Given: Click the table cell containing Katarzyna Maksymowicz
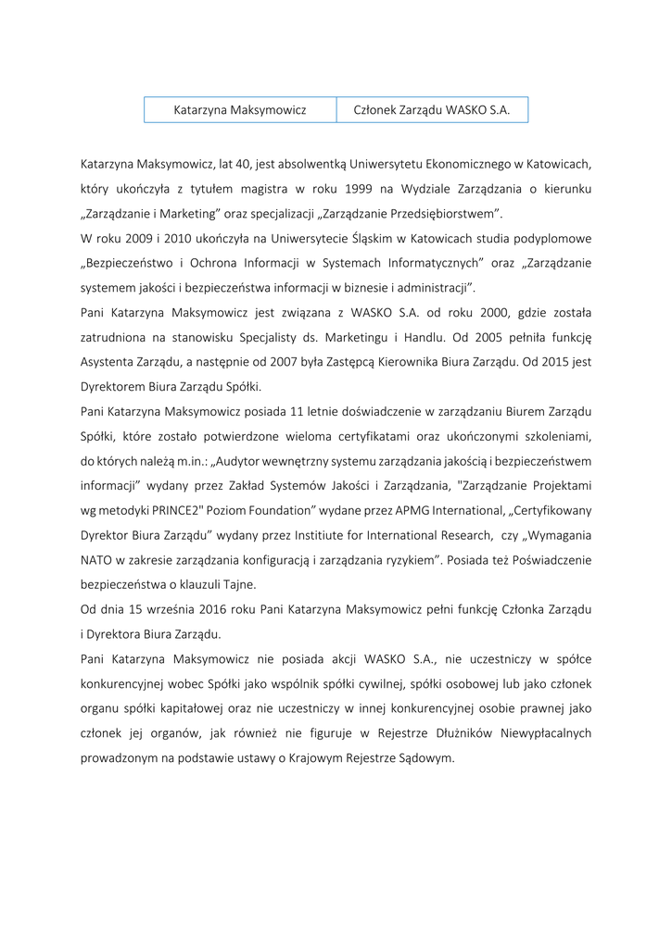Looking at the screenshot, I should pyautogui.click(x=240, y=109).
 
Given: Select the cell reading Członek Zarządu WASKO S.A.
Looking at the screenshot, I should pyautogui.click(x=432, y=109).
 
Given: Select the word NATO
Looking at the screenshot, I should pyautogui.click(x=97, y=560).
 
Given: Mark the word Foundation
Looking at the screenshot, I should pyautogui.click(x=269, y=510).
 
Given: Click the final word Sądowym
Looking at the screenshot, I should pyautogui.click(x=425, y=758).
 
